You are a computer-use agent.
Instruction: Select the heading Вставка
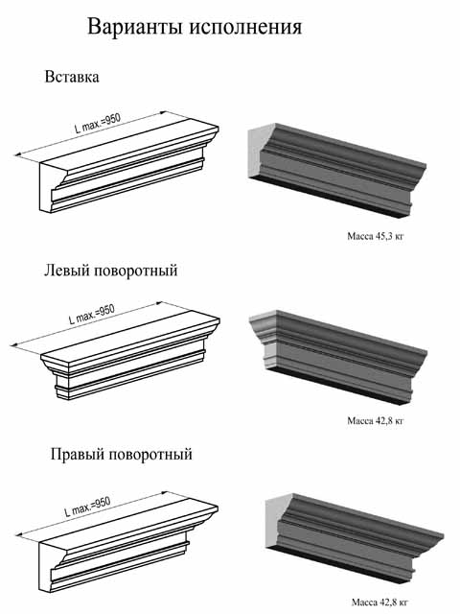[x=72, y=77]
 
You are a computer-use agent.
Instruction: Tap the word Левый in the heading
[x=67, y=271]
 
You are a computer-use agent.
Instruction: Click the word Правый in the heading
[x=77, y=455]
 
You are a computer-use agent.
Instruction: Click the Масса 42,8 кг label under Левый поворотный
[x=376, y=421]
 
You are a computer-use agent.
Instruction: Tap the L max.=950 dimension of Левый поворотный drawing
[x=92, y=315]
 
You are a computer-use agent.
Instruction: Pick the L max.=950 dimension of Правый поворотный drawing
[x=87, y=507]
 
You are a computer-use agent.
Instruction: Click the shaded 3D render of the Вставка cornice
[x=337, y=169]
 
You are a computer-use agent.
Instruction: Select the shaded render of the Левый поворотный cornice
[x=338, y=356]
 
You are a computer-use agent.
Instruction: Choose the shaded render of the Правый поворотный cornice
[x=355, y=539]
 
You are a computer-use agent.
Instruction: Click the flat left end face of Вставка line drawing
[x=47, y=187]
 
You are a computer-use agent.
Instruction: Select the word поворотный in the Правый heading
[x=149, y=455]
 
